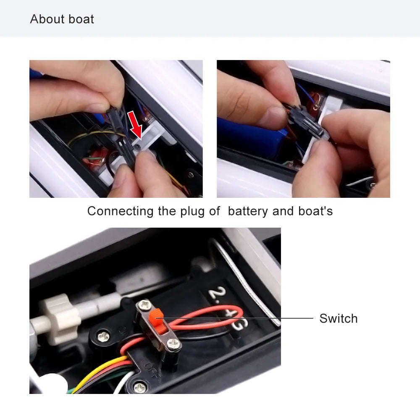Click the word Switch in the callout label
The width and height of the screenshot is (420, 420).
(x=338, y=318)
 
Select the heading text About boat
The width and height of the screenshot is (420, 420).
(x=62, y=19)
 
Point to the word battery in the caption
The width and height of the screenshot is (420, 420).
(x=248, y=211)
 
